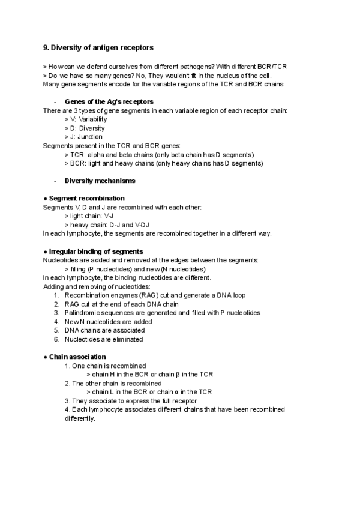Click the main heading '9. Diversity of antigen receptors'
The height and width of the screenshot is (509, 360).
point(101,47)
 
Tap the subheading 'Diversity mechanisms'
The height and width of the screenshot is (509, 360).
point(100,181)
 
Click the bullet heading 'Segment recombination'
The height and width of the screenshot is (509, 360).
point(86,198)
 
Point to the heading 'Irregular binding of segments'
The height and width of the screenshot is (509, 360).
point(96,251)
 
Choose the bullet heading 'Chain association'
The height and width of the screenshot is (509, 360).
point(77,357)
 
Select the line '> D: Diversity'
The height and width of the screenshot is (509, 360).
point(85,128)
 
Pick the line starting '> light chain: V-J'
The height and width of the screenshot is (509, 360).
point(90,215)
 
